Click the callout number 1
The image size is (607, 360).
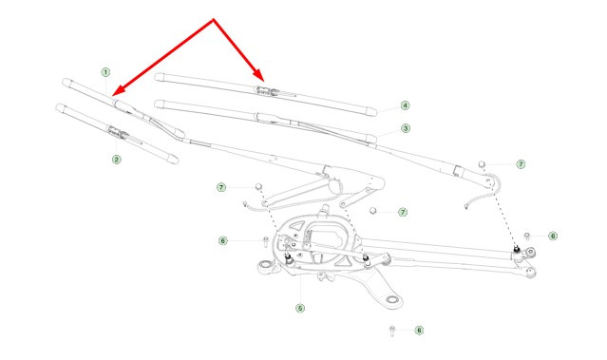point(105,72)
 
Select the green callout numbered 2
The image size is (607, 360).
point(117,159)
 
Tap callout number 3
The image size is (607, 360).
point(406,128)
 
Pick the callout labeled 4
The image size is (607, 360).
point(405,105)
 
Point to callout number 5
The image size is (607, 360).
point(300,308)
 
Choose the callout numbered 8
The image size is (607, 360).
point(419,331)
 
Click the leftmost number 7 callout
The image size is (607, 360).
point(221,188)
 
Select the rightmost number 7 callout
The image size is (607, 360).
point(522,164)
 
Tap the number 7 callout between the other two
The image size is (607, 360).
point(403,212)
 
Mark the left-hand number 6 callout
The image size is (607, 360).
point(222,240)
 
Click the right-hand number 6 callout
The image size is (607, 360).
point(553,236)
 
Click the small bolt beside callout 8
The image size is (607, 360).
point(392,331)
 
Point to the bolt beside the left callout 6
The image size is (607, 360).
point(266,242)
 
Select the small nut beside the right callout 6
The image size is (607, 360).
point(527,236)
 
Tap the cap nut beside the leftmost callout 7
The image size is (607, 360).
point(258,187)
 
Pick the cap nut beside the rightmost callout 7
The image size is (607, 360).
point(482,164)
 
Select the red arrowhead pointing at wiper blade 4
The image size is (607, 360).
point(258,75)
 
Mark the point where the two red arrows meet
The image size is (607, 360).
point(213,19)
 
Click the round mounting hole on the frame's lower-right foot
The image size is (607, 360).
point(391,299)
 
